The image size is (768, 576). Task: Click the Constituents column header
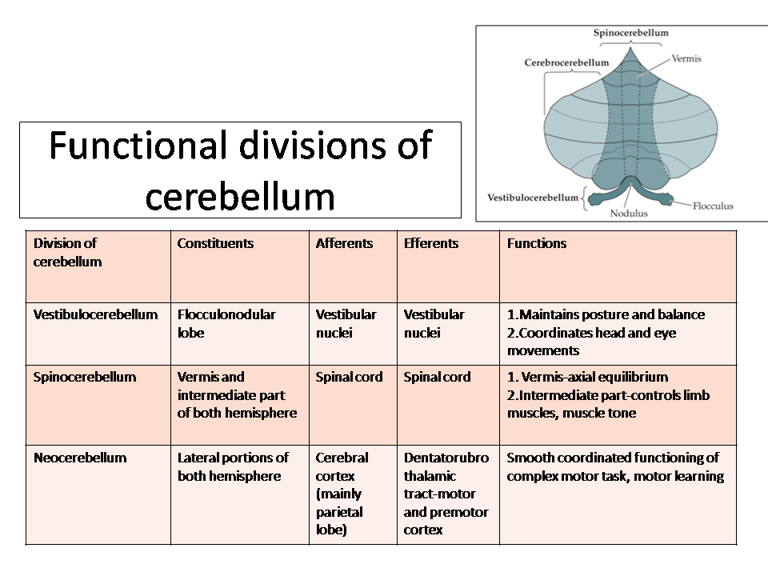click(215, 243)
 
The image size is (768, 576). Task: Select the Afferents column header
click(344, 243)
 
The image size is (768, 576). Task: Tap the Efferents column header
click(431, 243)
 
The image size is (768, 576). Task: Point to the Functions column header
click(536, 243)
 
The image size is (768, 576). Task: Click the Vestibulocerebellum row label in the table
click(95, 314)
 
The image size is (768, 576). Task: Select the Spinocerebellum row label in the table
click(85, 377)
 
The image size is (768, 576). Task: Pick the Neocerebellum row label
click(80, 458)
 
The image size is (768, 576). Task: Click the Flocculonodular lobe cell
click(226, 323)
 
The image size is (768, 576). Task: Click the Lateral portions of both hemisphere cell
click(233, 466)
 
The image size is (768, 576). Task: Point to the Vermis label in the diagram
click(686, 58)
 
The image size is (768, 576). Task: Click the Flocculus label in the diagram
click(713, 206)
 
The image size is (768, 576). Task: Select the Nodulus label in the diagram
click(629, 214)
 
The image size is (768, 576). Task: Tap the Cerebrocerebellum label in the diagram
click(566, 62)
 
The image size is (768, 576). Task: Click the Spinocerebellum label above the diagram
click(631, 33)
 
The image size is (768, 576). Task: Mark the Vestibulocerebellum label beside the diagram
click(533, 198)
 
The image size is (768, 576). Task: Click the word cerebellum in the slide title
click(240, 197)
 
